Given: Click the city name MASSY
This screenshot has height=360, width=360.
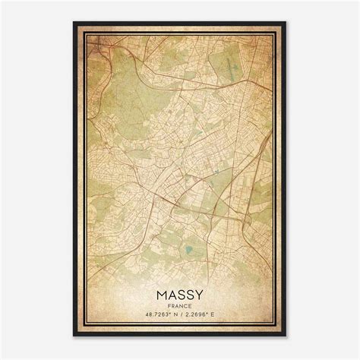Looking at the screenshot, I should pos(180,294).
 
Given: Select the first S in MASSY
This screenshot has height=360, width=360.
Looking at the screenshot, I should pos(181,294).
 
